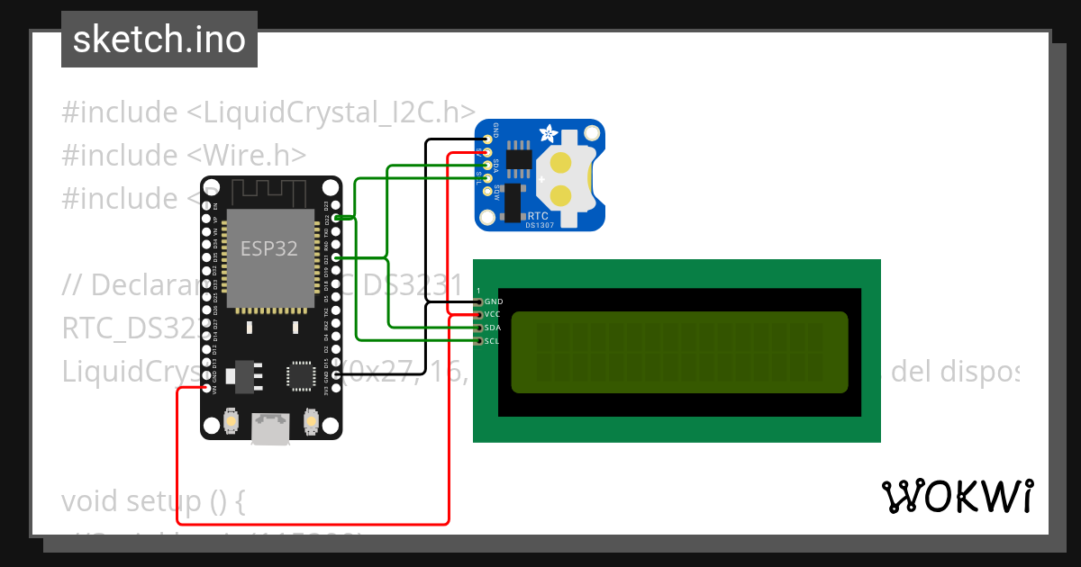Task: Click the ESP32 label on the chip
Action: coord(268,249)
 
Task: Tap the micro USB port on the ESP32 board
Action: coord(271,429)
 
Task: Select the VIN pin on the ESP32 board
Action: coord(207,388)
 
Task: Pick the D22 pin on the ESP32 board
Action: coord(335,218)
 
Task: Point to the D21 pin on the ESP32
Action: coord(335,257)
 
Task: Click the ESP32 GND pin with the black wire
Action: coord(335,374)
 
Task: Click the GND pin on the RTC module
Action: coord(487,139)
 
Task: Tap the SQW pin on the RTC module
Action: coord(487,191)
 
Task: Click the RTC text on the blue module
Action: coord(539,216)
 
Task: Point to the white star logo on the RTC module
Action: coord(548,135)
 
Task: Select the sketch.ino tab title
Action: coord(159,40)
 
